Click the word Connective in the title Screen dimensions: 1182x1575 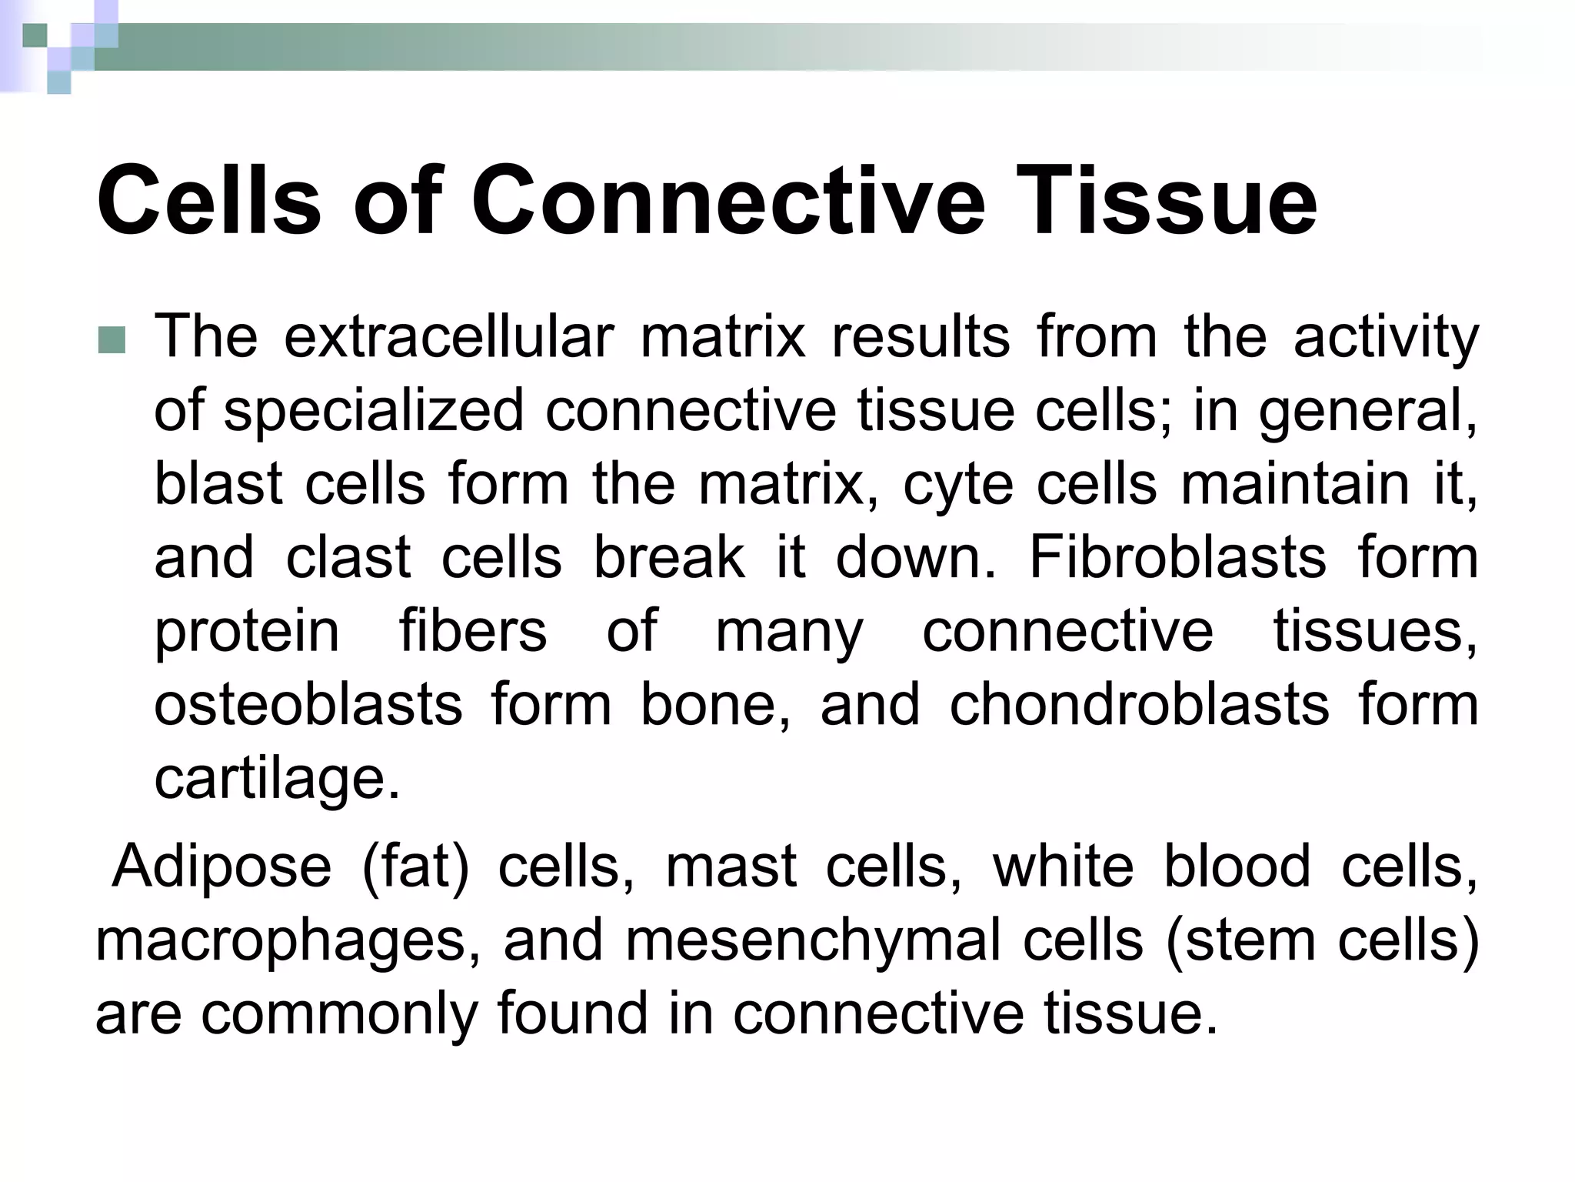tap(728, 202)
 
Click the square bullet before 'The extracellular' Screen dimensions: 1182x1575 tap(112, 340)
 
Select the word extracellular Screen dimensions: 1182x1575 tap(449, 337)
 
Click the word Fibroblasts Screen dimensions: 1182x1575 tap(1177, 557)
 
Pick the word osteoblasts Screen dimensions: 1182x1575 tap(308, 705)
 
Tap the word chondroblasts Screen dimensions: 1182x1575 tap(1139, 705)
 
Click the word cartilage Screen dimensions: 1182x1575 tap(277, 779)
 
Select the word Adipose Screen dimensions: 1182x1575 tap(221, 866)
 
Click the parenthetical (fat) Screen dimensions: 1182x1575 tap(415, 866)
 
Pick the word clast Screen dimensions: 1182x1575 tap(348, 557)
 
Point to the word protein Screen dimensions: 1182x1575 tap(246, 633)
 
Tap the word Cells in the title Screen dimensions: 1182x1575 tap(208, 202)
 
